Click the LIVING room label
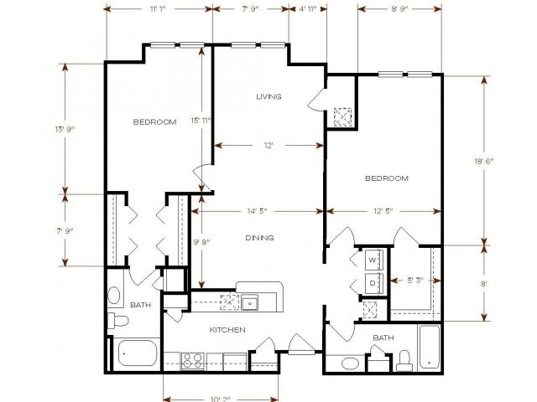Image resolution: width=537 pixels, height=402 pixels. tap(268, 97)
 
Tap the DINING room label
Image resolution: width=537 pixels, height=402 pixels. tap(259, 239)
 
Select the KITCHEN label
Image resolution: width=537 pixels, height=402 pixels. tap(227, 330)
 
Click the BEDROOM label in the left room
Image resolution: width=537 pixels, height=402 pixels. tap(154, 122)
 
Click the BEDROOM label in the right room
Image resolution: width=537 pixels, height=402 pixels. tap(386, 178)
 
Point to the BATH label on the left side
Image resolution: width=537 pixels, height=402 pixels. tap(140, 305)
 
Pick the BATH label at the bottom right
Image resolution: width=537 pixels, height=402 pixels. tap(383, 338)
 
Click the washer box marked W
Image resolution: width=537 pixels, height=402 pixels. tap(373, 260)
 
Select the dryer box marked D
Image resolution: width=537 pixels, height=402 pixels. tap(373, 282)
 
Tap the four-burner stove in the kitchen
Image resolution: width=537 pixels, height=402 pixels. tap(192, 361)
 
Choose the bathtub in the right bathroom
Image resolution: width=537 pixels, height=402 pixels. tap(429, 348)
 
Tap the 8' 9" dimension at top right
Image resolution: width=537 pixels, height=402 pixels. tap(399, 8)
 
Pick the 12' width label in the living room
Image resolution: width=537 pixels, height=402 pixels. tap(268, 146)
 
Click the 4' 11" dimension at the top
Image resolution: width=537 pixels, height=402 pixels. tap(308, 8)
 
